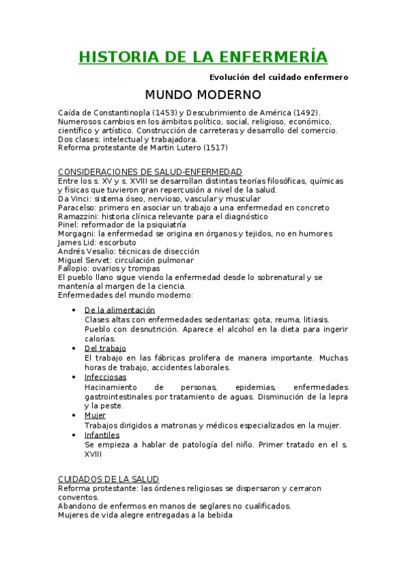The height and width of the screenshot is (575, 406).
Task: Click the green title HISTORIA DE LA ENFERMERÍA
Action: pos(203,56)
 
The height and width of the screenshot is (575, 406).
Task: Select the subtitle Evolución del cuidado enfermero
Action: pos(279,77)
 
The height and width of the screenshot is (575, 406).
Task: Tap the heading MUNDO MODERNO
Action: pos(203,94)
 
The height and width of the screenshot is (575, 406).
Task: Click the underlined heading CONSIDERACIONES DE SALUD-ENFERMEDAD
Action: pos(150,172)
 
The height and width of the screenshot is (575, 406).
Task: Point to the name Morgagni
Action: pos(77,234)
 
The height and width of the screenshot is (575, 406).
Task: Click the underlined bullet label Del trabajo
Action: pos(105,349)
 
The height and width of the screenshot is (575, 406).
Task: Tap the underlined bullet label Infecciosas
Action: pos(105,377)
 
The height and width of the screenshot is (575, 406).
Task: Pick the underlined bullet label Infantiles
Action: pos(102,435)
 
